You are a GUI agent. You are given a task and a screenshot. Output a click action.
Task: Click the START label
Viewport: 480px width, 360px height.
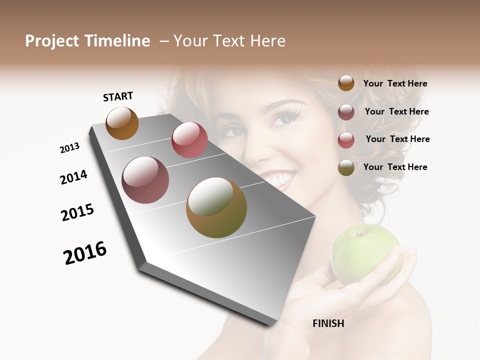[118, 96]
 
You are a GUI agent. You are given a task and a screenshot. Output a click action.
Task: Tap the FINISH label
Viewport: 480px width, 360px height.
[328, 323]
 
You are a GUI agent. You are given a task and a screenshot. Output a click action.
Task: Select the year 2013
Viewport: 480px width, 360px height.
[69, 148]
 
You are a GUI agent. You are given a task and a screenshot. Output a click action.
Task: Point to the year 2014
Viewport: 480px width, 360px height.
[73, 177]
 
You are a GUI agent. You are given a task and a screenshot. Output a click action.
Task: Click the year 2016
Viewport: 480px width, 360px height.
[85, 252]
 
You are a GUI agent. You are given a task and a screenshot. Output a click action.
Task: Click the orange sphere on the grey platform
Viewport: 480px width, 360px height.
[122, 123]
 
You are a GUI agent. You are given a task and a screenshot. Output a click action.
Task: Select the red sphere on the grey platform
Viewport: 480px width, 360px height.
[189, 140]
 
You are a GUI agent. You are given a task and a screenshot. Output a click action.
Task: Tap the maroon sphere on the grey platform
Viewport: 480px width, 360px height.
[145, 180]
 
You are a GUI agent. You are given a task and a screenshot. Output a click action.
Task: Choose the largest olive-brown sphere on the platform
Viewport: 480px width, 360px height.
[216, 207]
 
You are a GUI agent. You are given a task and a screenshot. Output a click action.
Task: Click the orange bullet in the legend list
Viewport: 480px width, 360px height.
[346, 83]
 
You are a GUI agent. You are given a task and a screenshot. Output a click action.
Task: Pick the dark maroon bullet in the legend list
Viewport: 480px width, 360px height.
[346, 112]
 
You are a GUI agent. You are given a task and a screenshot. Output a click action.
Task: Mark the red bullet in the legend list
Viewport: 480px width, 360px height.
[346, 140]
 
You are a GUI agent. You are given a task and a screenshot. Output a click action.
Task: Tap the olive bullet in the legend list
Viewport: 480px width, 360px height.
[346, 167]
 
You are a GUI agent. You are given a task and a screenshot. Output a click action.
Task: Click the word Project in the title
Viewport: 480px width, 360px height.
[52, 41]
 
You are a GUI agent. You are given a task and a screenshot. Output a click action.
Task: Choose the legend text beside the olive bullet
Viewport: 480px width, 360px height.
[395, 167]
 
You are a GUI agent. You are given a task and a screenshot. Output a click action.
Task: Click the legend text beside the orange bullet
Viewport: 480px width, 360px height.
[395, 83]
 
